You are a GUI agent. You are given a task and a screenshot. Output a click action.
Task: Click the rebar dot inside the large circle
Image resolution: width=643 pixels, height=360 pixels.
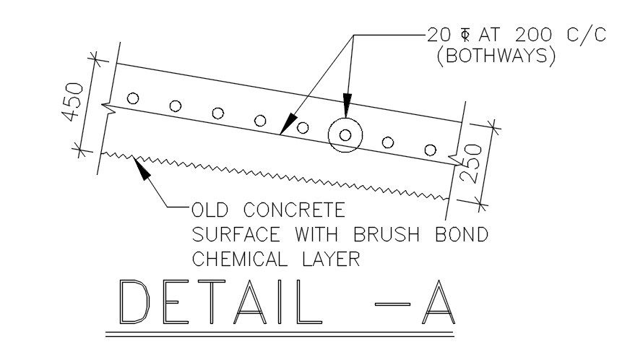345,134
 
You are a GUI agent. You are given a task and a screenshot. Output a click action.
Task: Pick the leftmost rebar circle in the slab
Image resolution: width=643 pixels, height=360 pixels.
132,98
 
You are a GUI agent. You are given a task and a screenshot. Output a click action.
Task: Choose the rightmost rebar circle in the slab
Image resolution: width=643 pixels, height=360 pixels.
431,150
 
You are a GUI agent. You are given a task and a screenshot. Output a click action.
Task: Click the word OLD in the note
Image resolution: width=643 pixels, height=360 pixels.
212,211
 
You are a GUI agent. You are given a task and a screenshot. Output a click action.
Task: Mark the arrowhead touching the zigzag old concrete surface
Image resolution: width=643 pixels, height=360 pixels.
142,168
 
